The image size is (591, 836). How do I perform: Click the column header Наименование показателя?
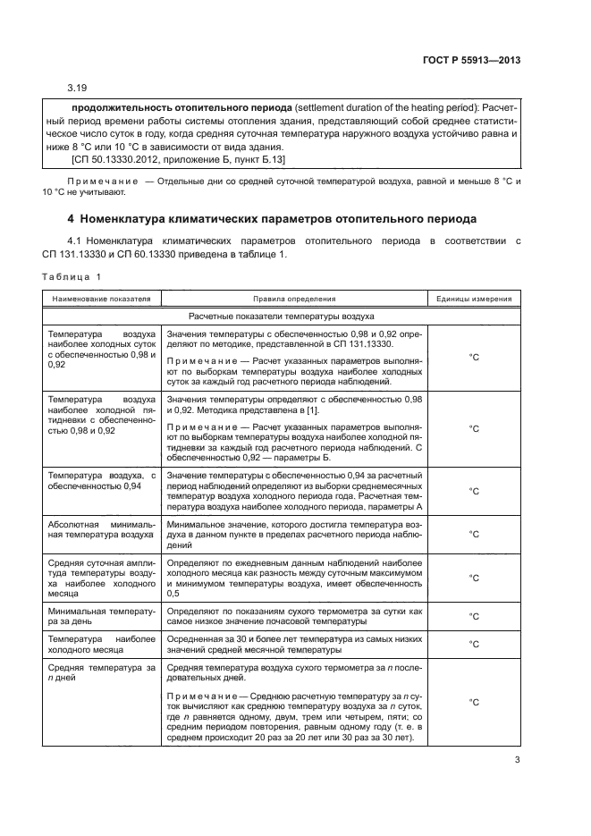click(x=100, y=300)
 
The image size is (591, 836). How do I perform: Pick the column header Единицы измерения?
click(x=474, y=300)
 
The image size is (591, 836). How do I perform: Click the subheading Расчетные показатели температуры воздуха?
click(x=281, y=317)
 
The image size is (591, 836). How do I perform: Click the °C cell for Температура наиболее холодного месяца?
click(x=474, y=644)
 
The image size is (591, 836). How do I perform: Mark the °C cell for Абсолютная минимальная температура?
click(x=474, y=534)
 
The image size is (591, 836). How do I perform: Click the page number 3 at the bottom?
click(x=517, y=761)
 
